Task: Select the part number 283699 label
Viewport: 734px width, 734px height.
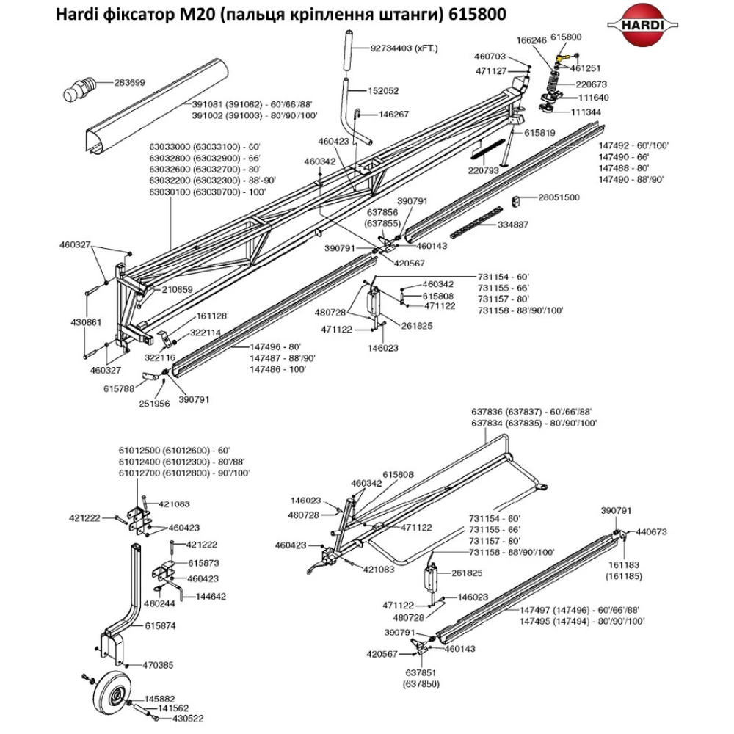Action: click(x=129, y=82)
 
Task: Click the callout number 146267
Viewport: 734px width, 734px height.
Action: click(x=393, y=115)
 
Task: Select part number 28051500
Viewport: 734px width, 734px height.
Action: click(x=559, y=197)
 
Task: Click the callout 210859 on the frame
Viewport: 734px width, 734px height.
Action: click(x=176, y=289)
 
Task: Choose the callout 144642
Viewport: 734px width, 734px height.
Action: click(x=211, y=597)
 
